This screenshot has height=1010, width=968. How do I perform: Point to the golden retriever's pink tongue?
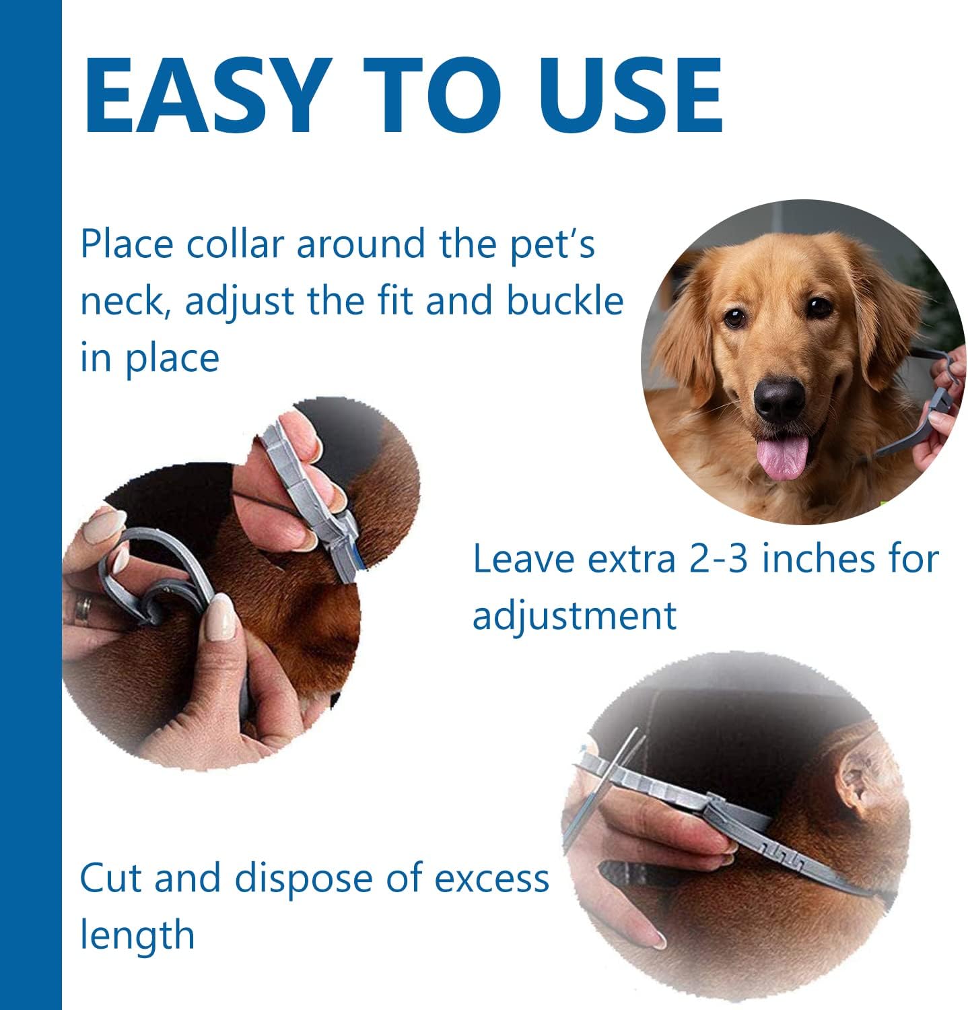tap(781, 455)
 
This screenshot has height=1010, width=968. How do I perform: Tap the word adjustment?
tap(574, 615)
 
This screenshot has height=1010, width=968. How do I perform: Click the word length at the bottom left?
tap(137, 935)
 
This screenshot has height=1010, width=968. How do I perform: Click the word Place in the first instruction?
tap(128, 243)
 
